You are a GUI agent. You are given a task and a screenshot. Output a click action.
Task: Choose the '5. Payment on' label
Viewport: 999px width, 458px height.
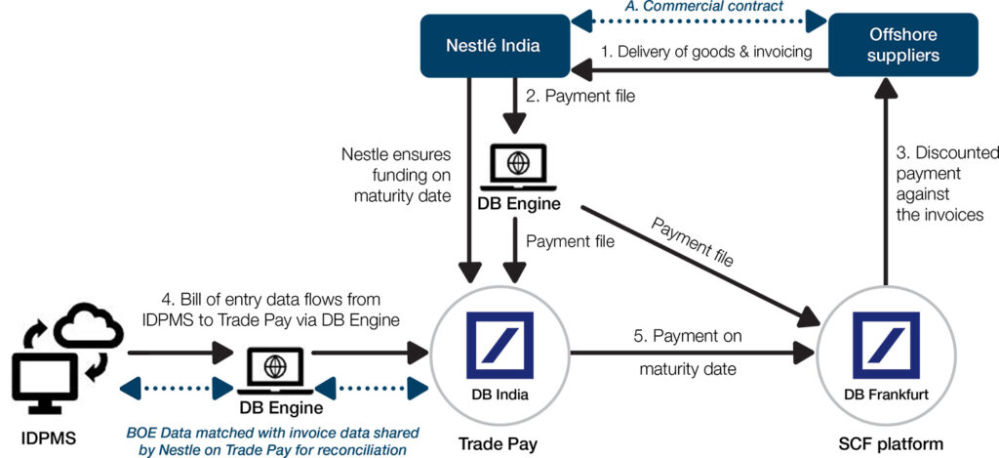(687, 337)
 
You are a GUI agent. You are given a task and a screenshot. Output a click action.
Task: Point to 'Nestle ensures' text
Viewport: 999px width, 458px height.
(394, 153)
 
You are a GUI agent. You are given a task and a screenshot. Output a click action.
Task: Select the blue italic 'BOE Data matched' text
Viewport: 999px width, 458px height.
(273, 432)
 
